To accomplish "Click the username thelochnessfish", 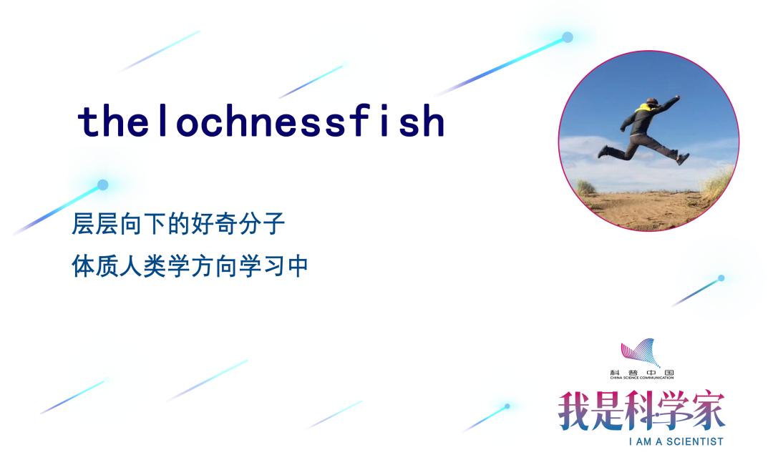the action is coord(261,121).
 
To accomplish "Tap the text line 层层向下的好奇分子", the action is coord(178,224).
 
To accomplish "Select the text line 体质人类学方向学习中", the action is coord(190,267).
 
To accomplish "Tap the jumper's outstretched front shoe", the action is coord(683,159).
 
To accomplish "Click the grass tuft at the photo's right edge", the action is coord(720,183).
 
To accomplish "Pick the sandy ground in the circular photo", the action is coord(646,210).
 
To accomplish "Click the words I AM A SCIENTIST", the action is coord(676,441).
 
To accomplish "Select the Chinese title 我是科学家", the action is coord(641,411).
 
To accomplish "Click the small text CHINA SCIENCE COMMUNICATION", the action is coord(642,378).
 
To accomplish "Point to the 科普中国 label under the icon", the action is coord(642,373).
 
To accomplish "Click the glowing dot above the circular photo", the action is coord(568,37).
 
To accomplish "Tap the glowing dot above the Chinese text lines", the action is coord(102,185).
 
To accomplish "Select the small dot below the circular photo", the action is coord(721,278).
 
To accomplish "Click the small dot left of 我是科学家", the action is coord(507,406).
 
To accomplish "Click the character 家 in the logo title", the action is coord(708,411).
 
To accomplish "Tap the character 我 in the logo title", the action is coord(575,411).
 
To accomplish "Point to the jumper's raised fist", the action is coord(677,97).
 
